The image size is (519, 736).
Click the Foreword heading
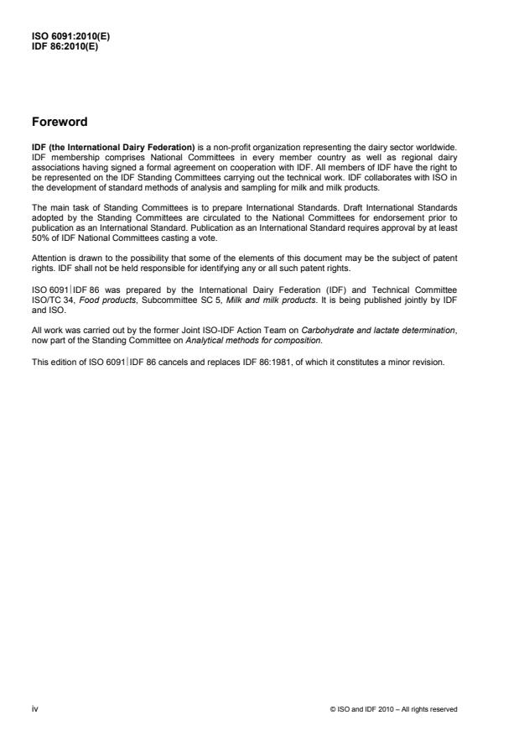tap(60, 122)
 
